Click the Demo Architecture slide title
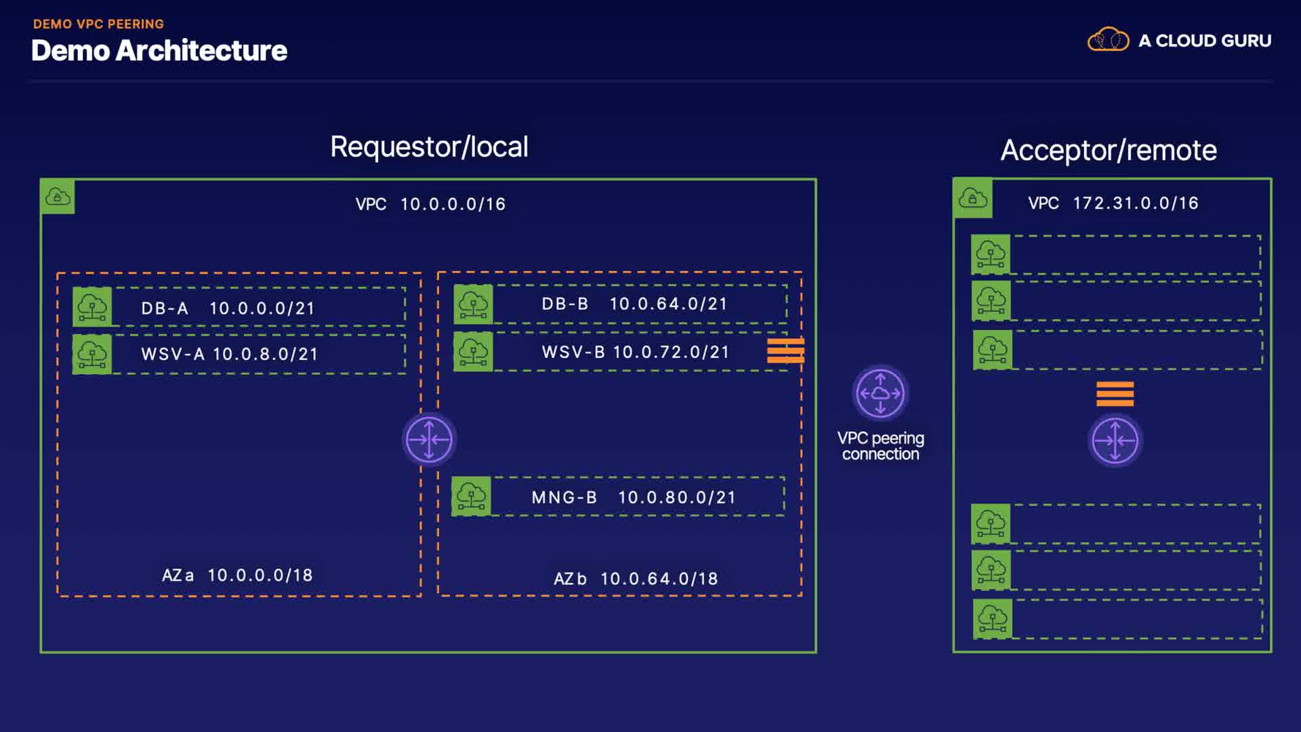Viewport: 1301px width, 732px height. (159, 51)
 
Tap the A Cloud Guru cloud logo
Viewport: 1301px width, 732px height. (1108, 40)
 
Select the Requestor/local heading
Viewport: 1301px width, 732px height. (429, 147)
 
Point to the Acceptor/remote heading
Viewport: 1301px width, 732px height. (1109, 150)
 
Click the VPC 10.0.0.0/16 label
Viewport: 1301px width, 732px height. (430, 204)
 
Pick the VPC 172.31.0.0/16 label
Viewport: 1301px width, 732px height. (1113, 203)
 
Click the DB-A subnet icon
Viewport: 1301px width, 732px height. (92, 307)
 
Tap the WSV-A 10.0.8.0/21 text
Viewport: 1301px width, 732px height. (230, 354)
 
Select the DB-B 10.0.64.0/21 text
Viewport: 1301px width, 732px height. (634, 304)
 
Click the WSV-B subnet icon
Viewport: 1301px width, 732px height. (473, 351)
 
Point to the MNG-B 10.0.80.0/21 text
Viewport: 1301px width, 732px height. (634, 497)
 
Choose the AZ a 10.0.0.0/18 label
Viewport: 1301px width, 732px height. (237, 575)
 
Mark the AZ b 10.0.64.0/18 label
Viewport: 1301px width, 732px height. (636, 579)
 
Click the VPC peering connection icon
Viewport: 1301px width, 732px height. (880, 393)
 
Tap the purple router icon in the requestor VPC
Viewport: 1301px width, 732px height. (429, 439)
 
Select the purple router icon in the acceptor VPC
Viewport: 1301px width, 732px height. (1115, 441)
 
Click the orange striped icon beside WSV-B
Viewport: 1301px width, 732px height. (785, 351)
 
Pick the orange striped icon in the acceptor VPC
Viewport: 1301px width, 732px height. (1115, 394)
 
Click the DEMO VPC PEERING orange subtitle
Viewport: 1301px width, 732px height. (98, 24)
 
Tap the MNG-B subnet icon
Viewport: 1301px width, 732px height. (471, 496)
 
